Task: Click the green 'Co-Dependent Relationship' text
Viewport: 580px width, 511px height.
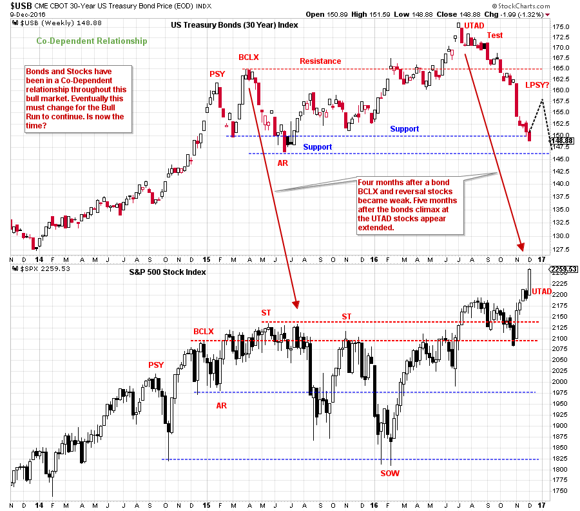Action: [x=91, y=41]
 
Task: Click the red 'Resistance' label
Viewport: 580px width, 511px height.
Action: [x=320, y=61]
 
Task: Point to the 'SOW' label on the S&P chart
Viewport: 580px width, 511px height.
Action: [x=389, y=473]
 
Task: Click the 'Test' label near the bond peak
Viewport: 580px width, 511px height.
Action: [x=495, y=35]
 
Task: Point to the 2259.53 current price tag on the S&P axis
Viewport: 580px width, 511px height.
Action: [x=563, y=270]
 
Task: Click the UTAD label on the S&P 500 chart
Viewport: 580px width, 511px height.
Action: [x=542, y=292]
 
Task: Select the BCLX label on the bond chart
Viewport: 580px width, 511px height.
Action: [x=249, y=57]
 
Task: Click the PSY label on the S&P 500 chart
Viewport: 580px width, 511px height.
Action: [x=156, y=365]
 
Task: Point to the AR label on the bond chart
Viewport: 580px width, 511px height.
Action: [x=283, y=163]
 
